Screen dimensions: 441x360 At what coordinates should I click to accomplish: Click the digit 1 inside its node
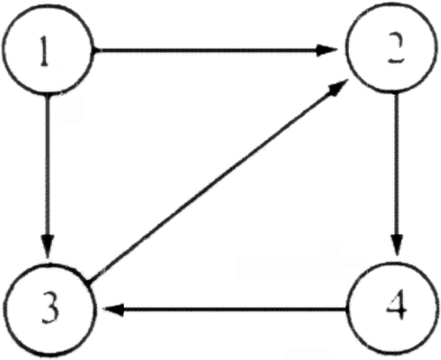tap(44, 52)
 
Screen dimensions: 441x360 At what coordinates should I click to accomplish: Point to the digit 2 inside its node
tap(394, 48)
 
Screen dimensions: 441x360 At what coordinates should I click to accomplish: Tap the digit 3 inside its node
tap(51, 307)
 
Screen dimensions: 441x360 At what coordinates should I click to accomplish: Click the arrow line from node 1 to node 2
tap(215, 50)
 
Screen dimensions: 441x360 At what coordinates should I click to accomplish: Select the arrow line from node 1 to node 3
tap(47, 175)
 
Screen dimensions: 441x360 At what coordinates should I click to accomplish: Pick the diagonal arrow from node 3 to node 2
tap(217, 181)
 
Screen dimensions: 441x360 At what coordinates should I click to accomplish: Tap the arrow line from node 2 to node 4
tap(397, 173)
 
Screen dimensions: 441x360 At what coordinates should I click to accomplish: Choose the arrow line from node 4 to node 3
tap(225, 309)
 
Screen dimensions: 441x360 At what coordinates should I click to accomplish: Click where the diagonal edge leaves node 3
tap(88, 280)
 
